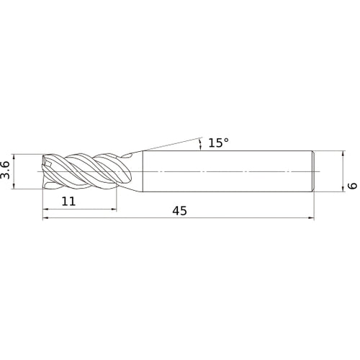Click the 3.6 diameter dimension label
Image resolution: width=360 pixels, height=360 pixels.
pyautogui.click(x=5, y=170)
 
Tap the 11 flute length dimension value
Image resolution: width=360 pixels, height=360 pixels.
pyautogui.click(x=68, y=201)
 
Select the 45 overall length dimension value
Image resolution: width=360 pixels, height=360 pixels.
pyautogui.click(x=179, y=211)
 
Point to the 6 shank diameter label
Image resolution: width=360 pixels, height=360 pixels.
pyautogui.click(x=353, y=185)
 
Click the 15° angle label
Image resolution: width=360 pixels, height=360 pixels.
pyautogui.click(x=218, y=143)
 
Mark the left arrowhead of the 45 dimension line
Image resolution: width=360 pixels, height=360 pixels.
pyautogui.click(x=45, y=218)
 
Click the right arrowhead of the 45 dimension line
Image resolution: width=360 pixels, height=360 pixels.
pyautogui.click(x=311, y=218)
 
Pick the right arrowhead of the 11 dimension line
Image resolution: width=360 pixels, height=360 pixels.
pyautogui.click(x=114, y=210)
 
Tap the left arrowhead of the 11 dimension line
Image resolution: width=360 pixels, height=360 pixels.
pyautogui.click(x=45, y=210)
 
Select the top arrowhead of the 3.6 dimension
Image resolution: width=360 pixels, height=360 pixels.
pyautogui.click(x=14, y=158)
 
